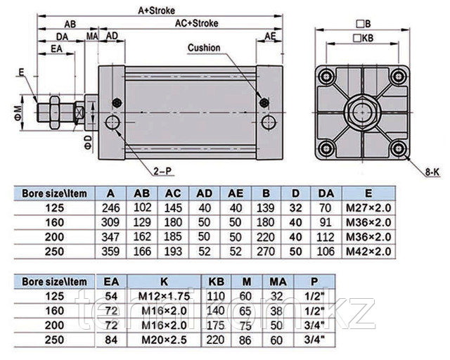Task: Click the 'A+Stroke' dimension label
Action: point(155,11)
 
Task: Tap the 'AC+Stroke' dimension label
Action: point(197,23)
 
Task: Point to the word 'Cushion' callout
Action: point(204,48)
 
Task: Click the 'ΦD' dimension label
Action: point(87,143)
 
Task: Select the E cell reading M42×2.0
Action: point(366,251)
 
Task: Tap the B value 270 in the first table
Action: point(267,251)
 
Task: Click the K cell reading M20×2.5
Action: point(167,340)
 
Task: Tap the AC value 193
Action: point(172,251)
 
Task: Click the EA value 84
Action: point(110,340)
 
